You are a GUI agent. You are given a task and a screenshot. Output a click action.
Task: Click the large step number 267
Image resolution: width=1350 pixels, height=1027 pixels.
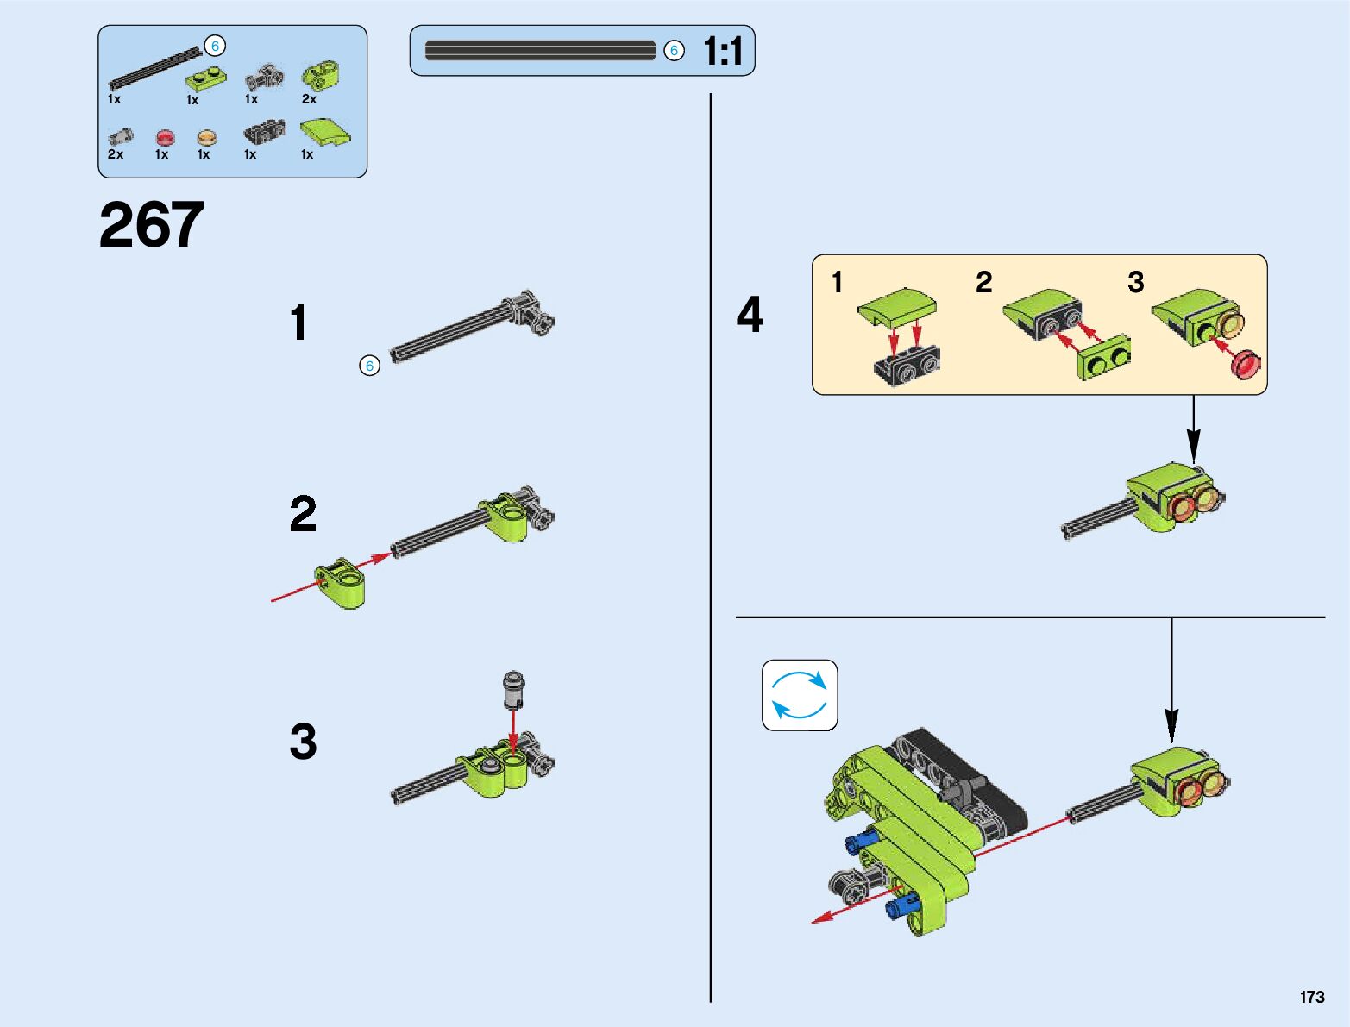[x=151, y=225]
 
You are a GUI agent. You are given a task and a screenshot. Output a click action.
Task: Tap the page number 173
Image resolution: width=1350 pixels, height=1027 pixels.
[x=1312, y=997]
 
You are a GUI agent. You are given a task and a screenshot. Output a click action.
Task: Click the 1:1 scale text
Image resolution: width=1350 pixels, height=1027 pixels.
[x=723, y=50]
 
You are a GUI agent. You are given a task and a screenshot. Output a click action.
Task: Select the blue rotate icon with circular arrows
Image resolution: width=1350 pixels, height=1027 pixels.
[x=800, y=695]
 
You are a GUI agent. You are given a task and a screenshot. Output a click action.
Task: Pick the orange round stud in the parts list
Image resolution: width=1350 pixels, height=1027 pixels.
[x=207, y=137]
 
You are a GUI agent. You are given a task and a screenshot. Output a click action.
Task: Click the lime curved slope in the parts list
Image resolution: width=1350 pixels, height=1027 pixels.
[x=325, y=133]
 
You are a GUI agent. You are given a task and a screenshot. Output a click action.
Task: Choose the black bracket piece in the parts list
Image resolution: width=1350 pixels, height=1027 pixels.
[x=265, y=132]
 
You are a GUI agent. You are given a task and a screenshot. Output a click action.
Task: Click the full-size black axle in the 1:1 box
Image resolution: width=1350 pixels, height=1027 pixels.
[x=540, y=50]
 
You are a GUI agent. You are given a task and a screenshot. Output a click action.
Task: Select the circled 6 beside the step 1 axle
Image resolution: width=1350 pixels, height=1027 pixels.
[x=370, y=366]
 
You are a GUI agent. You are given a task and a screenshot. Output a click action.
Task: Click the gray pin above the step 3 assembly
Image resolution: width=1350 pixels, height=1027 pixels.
[x=513, y=689]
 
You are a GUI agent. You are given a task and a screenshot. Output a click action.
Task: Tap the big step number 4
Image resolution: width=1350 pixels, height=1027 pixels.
[x=750, y=314]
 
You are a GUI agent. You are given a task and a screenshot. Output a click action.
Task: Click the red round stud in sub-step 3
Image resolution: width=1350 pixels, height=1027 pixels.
[x=1246, y=365]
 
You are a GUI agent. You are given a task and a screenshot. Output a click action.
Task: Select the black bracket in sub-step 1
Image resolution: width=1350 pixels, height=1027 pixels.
[x=907, y=366]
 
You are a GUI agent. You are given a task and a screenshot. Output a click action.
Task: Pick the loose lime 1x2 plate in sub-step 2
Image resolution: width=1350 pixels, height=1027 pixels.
[x=1103, y=359]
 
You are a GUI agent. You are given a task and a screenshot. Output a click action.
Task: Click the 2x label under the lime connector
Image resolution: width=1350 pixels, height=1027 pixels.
[x=309, y=99]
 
